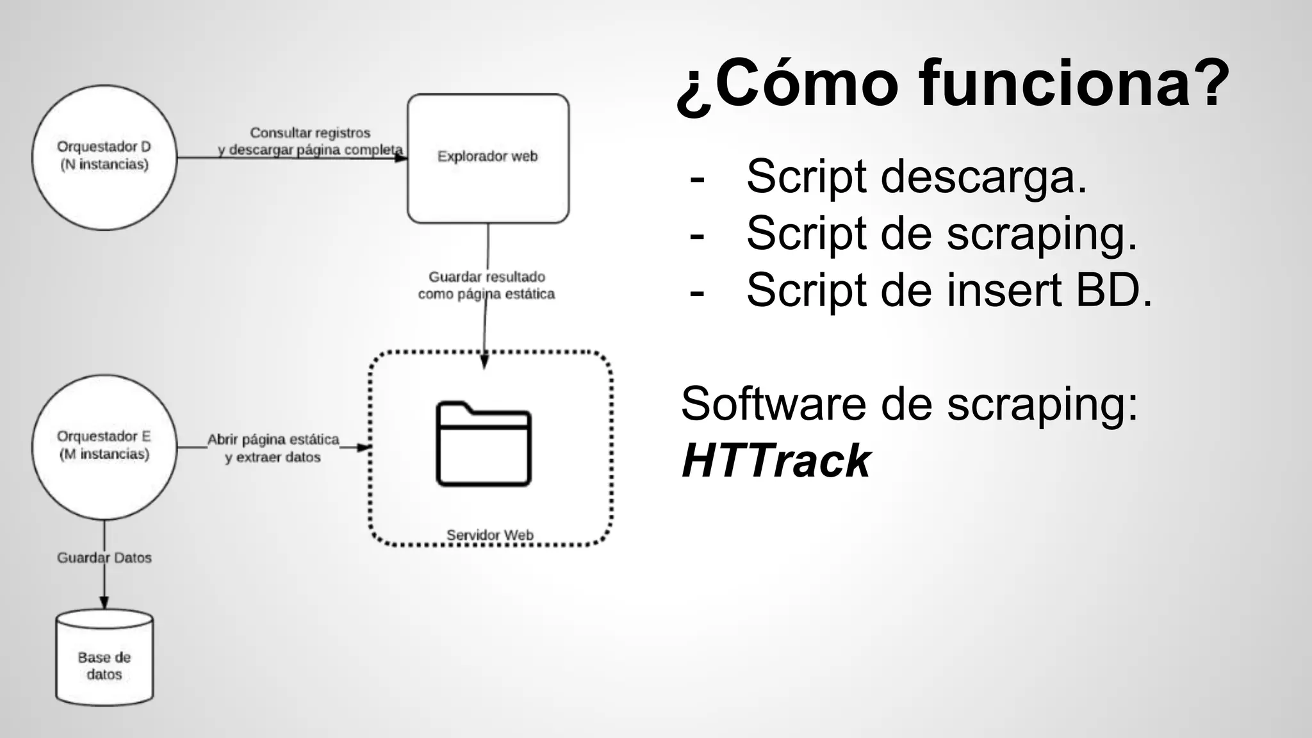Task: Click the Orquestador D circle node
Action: click(104, 157)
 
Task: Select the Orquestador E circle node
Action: click(104, 447)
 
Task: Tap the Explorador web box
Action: click(488, 158)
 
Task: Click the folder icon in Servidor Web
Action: click(484, 444)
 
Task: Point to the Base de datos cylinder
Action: click(104, 659)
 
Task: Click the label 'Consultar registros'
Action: click(310, 133)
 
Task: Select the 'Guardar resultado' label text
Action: click(487, 277)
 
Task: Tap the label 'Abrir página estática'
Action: click(273, 439)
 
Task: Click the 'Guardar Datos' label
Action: click(104, 557)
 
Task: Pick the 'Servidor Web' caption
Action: click(490, 535)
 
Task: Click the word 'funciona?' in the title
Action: click(1074, 83)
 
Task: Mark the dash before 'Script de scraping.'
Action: click(697, 234)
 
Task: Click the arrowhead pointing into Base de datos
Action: click(104, 603)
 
